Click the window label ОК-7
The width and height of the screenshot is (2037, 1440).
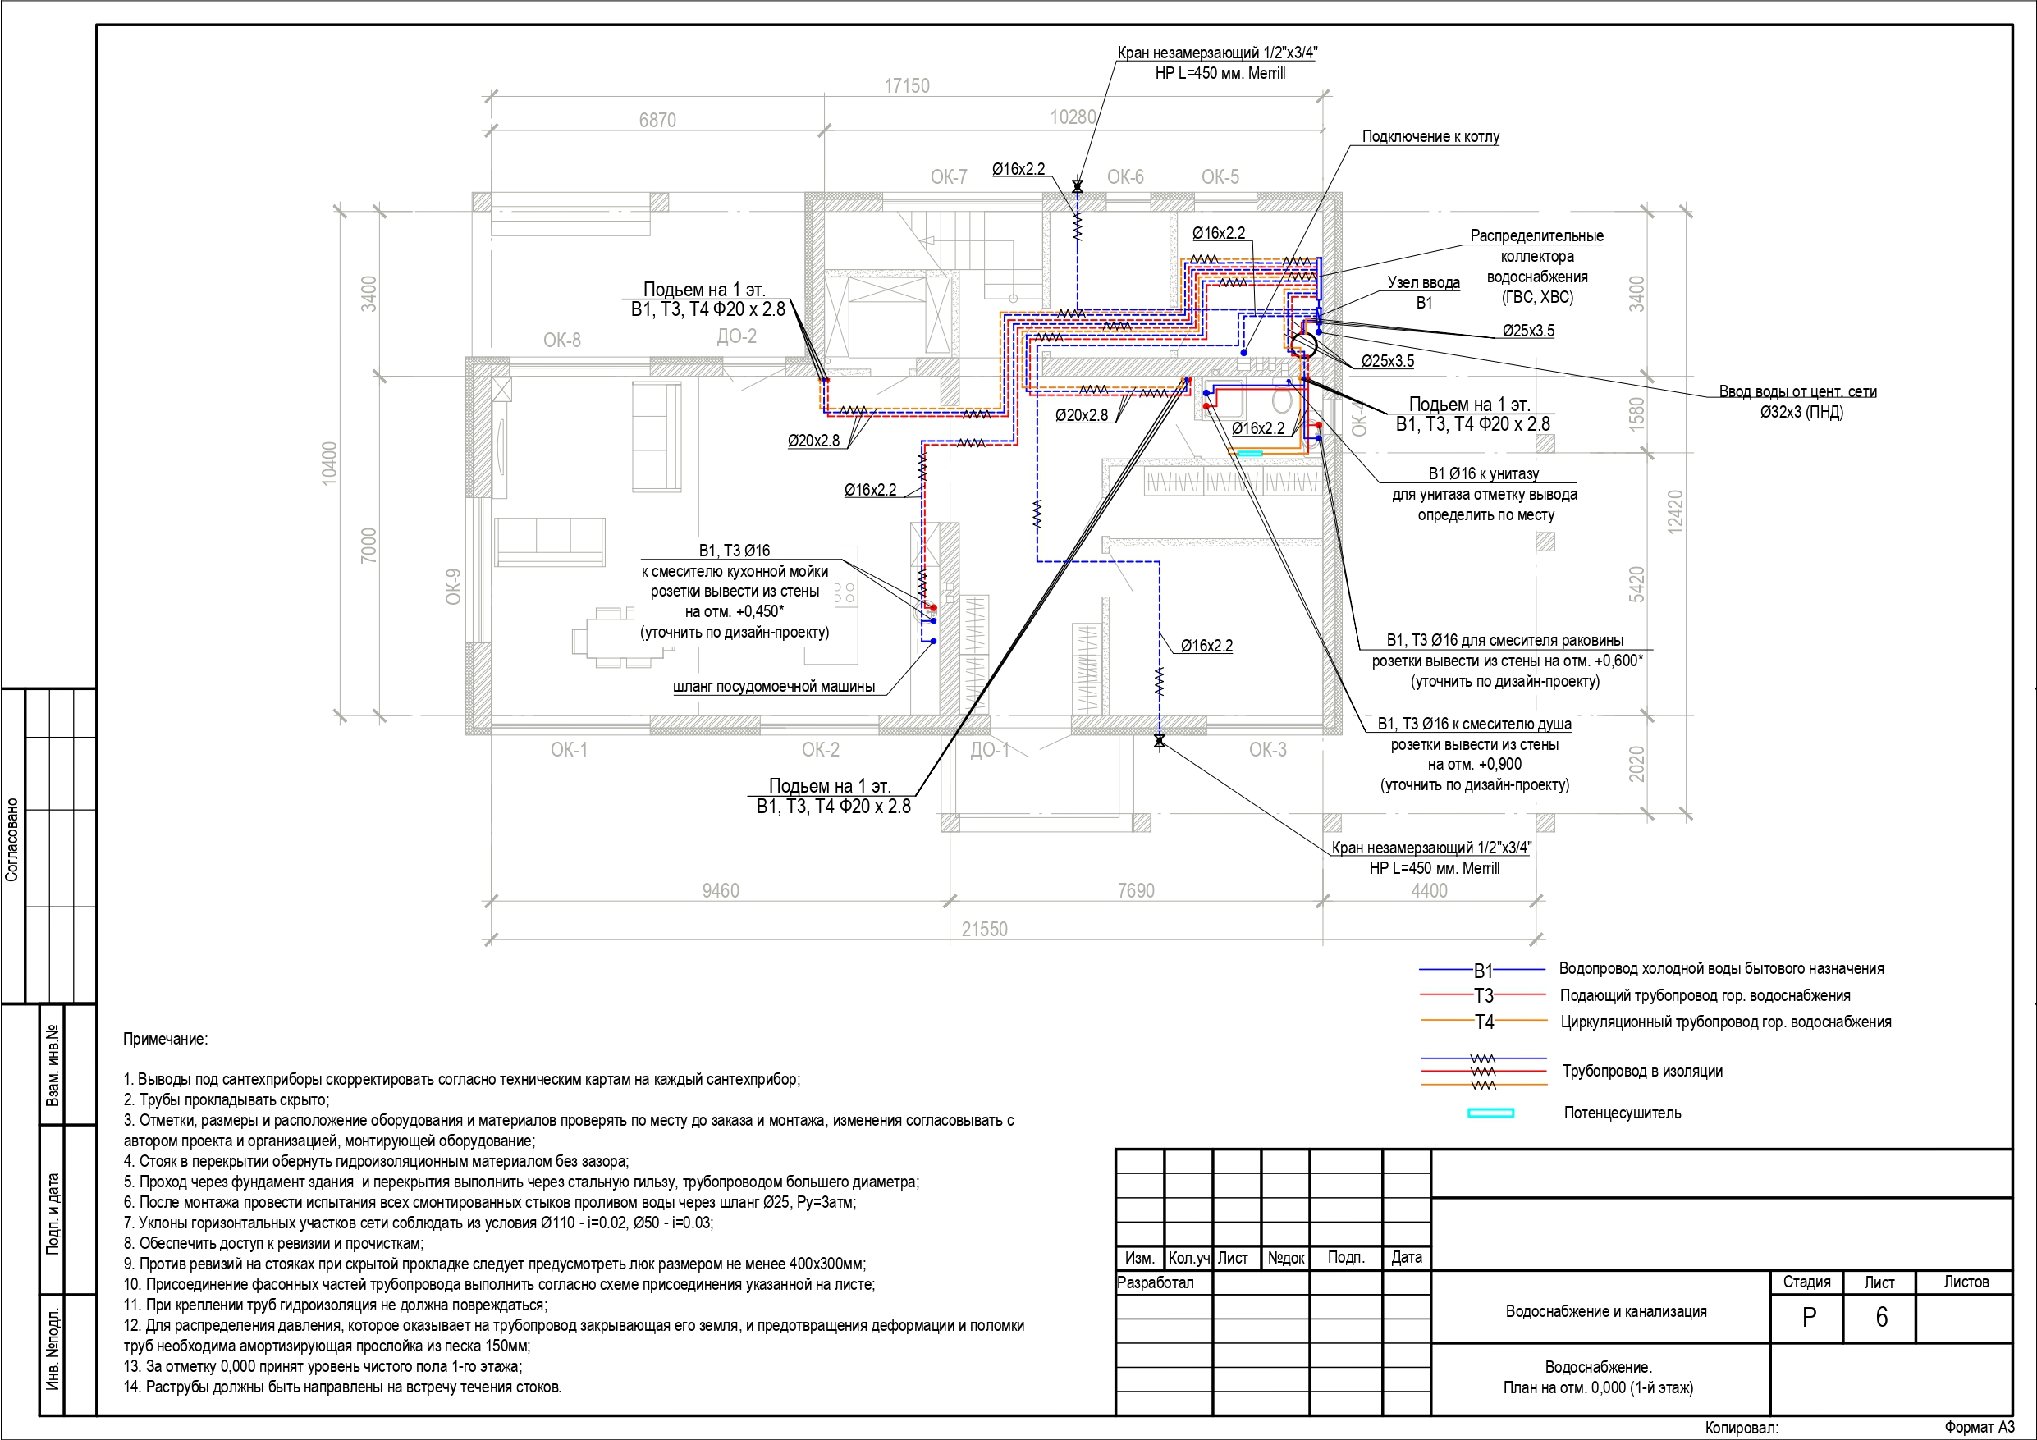[949, 176]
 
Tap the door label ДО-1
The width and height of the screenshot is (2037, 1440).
[989, 750]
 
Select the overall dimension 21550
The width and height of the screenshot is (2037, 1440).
[985, 929]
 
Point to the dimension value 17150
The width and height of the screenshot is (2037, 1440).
[907, 86]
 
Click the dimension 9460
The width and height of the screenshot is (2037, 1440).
[721, 890]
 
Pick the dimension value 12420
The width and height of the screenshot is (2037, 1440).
[1675, 512]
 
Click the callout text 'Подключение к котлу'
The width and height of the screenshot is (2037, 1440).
[1430, 137]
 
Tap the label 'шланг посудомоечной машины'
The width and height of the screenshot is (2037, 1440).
[774, 686]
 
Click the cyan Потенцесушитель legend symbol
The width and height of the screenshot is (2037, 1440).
[1490, 1113]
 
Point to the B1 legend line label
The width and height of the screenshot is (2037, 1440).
[1483, 971]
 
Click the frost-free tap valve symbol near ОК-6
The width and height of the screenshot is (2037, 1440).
[1078, 187]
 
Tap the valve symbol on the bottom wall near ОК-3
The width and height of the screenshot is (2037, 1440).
[1159, 741]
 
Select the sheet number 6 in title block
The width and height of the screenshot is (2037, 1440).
[1881, 1317]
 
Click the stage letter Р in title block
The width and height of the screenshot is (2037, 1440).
[1809, 1318]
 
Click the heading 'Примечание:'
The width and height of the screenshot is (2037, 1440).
[165, 1039]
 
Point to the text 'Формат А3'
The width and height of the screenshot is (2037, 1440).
[1980, 1427]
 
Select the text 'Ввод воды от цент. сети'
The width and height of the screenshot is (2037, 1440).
[1797, 391]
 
